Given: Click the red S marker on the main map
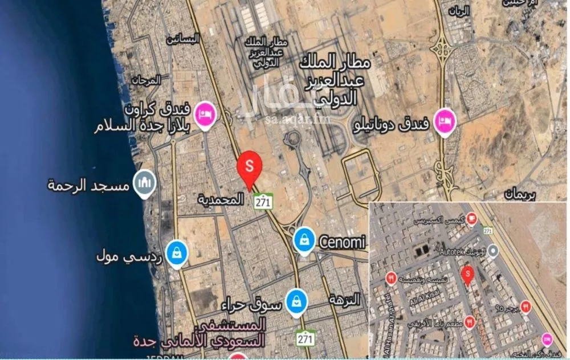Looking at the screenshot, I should pos(249,166).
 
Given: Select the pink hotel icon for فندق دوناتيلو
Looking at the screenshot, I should pos(444,121).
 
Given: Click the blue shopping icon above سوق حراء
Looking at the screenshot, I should pos(295,301).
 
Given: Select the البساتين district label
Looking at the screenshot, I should pos(182,39).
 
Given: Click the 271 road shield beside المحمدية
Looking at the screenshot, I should pos(263,201).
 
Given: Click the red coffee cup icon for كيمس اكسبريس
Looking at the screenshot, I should pos(471,218).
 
